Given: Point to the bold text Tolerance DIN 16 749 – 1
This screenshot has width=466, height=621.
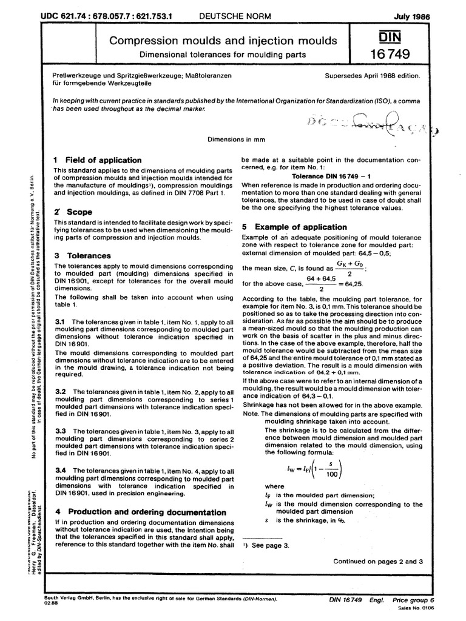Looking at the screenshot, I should pos(318,176).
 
